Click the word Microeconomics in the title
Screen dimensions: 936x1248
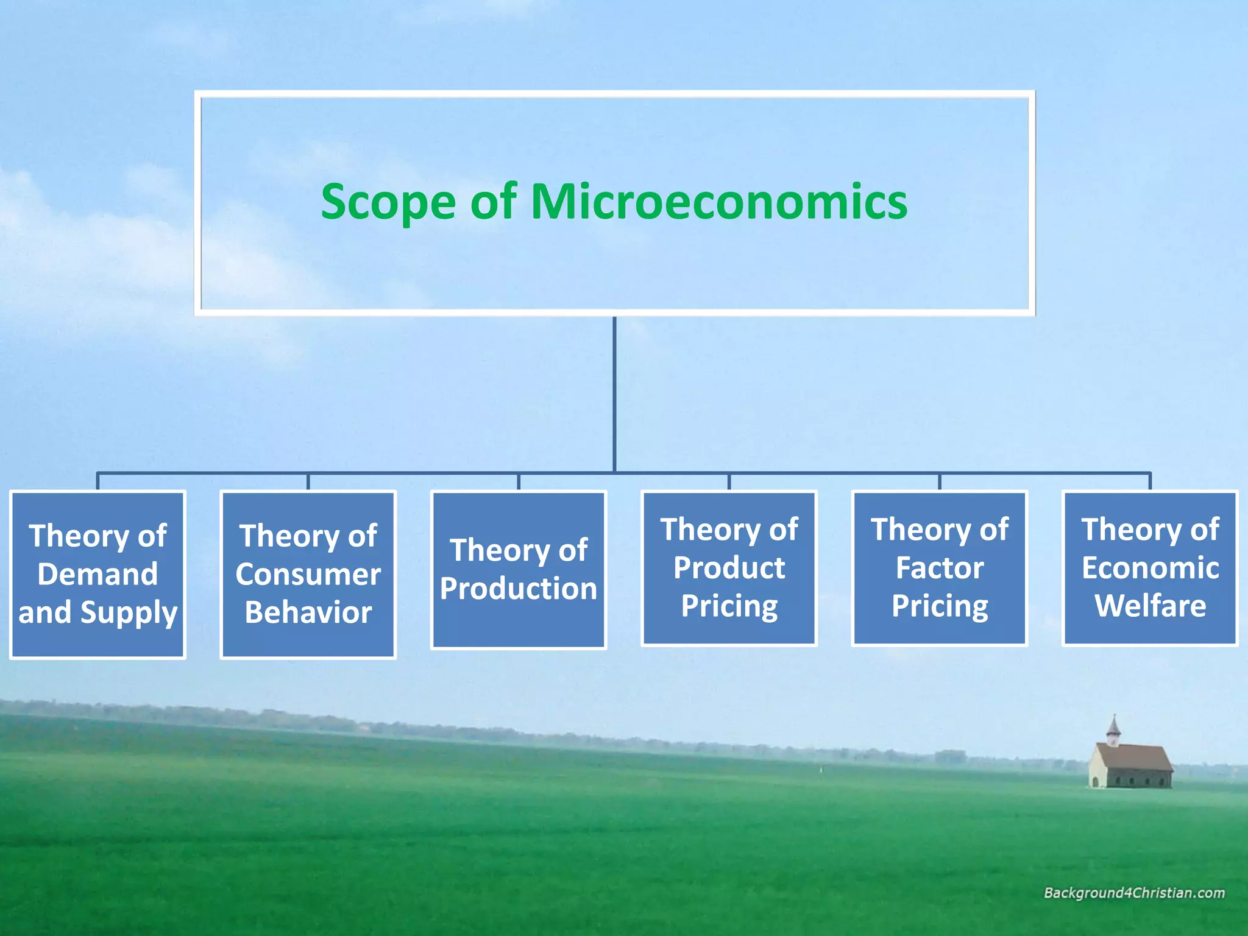tap(719, 202)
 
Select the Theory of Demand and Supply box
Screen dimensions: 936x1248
tap(97, 574)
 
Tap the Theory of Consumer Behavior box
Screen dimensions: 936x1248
tap(308, 574)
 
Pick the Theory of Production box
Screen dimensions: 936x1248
tap(519, 569)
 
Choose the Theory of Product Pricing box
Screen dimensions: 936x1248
tap(729, 567)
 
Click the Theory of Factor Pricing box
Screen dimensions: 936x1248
tap(940, 567)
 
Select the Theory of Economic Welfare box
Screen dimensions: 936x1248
tap(1150, 567)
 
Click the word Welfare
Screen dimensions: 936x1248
tap(1150, 606)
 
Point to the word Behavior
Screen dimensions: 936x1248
tap(308, 612)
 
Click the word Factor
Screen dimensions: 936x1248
tap(940, 568)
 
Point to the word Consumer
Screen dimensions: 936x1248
tap(308, 574)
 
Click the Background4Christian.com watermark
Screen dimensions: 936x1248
tap(1134, 893)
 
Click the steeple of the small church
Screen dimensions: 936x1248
tap(1113, 729)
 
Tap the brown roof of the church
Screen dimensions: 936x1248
tap(1138, 757)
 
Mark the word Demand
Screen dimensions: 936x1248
tap(97, 574)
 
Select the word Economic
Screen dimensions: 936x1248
tap(1150, 568)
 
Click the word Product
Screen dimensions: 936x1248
tap(729, 568)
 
